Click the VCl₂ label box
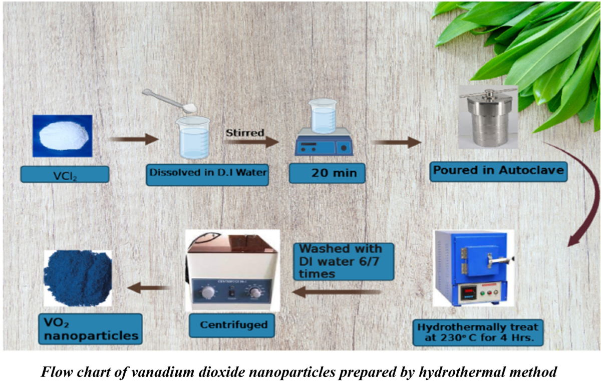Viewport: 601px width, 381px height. coord(65,174)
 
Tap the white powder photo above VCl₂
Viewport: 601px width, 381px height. coord(62,136)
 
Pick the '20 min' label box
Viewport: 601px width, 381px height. coord(327,173)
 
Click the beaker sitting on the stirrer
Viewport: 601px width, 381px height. coord(322,116)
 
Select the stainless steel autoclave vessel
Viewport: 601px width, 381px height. coord(488,120)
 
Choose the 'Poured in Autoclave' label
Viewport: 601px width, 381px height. coord(498,171)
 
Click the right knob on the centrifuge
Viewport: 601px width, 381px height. coord(256,292)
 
